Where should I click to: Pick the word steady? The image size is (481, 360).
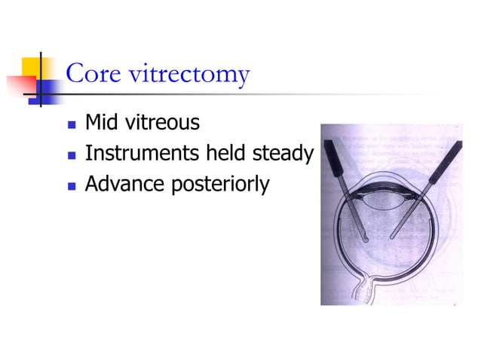(286, 155)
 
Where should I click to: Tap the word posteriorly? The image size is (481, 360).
(219, 185)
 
